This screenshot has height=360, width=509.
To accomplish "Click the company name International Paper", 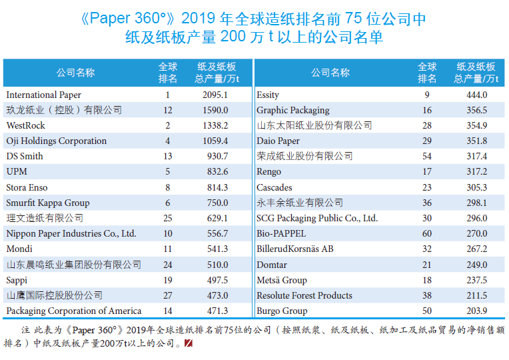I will (44, 95).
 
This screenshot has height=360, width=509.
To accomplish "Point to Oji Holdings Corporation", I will (57, 141).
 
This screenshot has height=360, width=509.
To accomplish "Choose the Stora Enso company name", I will (27, 187).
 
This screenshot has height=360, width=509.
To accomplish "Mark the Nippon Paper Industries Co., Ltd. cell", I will (71, 233).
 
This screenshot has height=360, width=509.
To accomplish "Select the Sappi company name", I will (17, 280).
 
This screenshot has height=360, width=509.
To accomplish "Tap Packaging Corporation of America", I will (74, 311).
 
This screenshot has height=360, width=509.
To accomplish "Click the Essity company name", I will (268, 95).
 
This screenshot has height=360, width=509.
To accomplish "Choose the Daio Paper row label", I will (278, 141).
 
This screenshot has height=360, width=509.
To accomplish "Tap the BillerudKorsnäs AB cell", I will (295, 249).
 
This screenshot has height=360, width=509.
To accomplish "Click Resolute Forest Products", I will (304, 295).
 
